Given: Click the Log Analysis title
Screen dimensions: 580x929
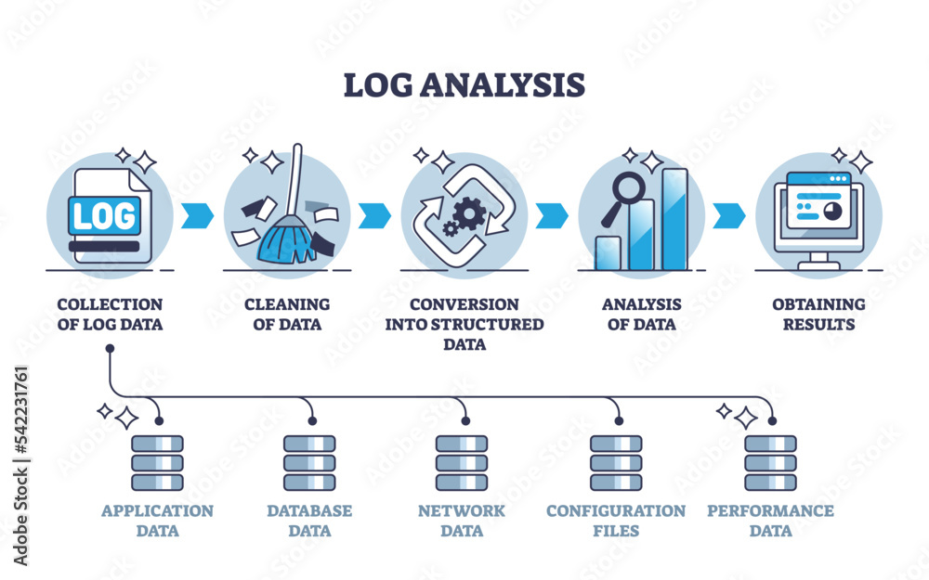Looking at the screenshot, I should (x=464, y=84).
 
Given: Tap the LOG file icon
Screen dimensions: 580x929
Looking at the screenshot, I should (x=104, y=216).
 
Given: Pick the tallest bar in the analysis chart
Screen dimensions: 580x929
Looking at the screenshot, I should (x=674, y=219).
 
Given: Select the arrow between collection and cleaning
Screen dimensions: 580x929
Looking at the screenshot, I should (x=198, y=214).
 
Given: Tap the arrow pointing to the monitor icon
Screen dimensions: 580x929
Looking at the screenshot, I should (x=730, y=214).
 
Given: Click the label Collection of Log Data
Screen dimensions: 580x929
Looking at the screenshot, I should (x=110, y=315).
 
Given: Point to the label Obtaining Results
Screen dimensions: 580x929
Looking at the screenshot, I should (x=818, y=315).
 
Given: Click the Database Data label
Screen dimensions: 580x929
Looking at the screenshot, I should (x=309, y=521).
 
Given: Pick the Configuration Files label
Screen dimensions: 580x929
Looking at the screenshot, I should (x=616, y=521).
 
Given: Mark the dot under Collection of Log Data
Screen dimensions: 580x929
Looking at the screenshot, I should (x=110, y=349).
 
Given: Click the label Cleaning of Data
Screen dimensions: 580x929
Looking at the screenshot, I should (x=286, y=315).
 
